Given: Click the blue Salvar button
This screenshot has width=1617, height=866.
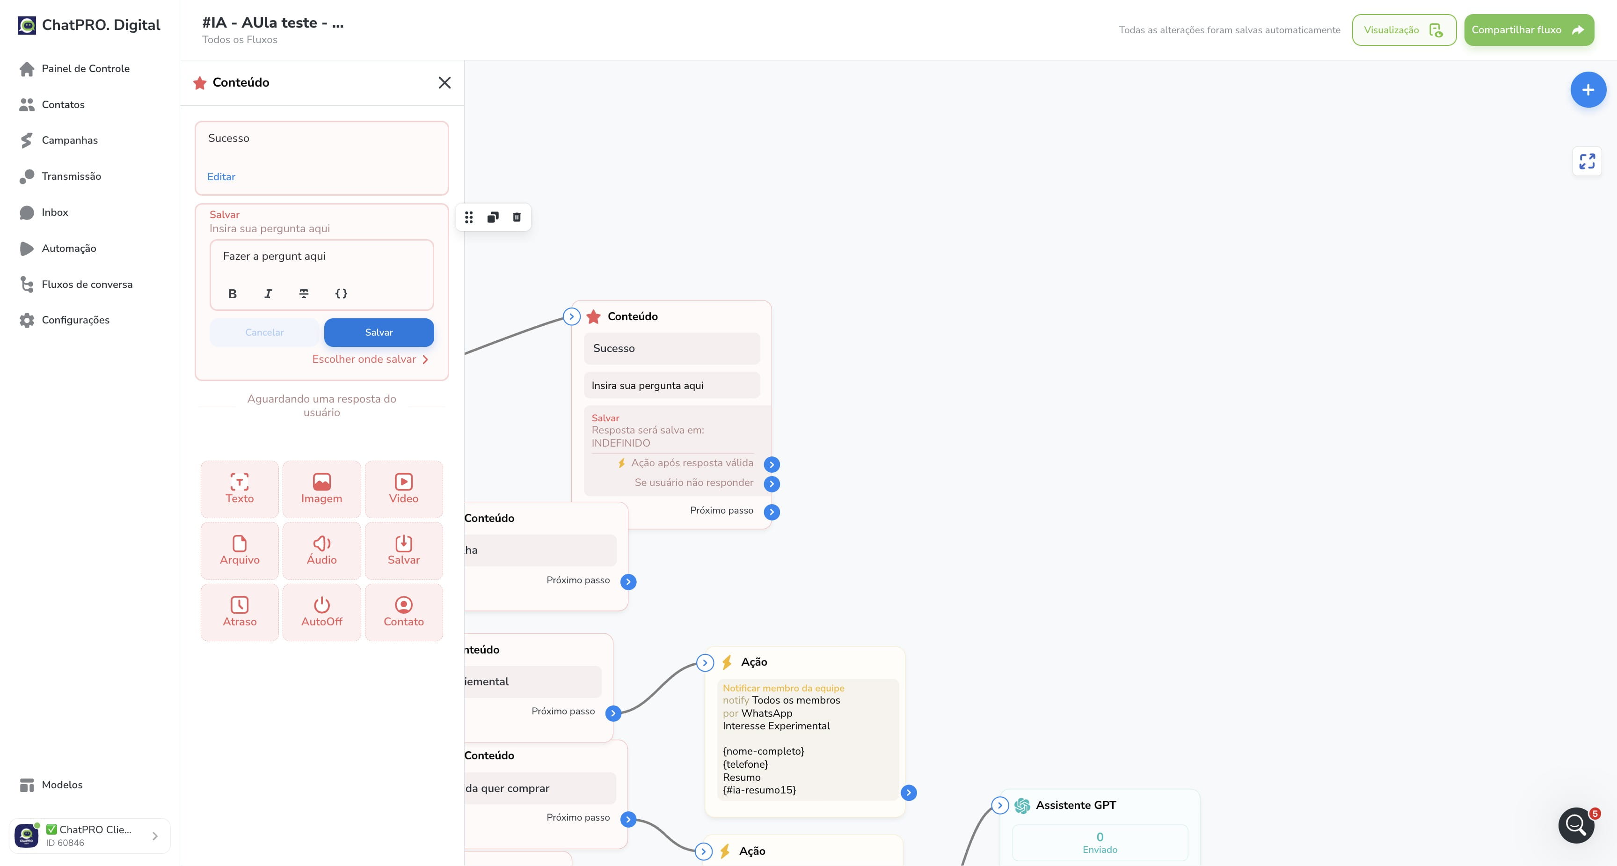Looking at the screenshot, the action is click(x=379, y=332).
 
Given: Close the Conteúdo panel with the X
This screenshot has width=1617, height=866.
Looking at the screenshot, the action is click(x=444, y=82).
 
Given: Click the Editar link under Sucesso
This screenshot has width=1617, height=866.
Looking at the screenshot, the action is click(x=221, y=176).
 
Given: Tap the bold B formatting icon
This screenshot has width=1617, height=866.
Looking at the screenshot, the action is click(x=232, y=294).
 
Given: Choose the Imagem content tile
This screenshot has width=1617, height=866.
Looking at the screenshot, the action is click(x=321, y=489).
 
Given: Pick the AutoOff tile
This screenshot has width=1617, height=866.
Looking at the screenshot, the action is click(x=321, y=612).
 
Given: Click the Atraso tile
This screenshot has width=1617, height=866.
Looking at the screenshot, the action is click(x=240, y=612).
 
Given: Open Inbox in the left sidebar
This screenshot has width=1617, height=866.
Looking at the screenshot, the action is click(x=55, y=212).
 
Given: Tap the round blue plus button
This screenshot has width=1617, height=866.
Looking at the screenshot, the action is click(x=1588, y=90).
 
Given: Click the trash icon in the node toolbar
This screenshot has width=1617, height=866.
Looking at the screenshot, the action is click(x=517, y=217).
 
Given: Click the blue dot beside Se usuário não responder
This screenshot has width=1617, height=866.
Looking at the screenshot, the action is click(x=772, y=484).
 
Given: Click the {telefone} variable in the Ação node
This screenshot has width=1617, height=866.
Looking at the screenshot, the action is click(x=745, y=764).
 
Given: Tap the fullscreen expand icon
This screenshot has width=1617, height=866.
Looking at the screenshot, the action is click(x=1587, y=161).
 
